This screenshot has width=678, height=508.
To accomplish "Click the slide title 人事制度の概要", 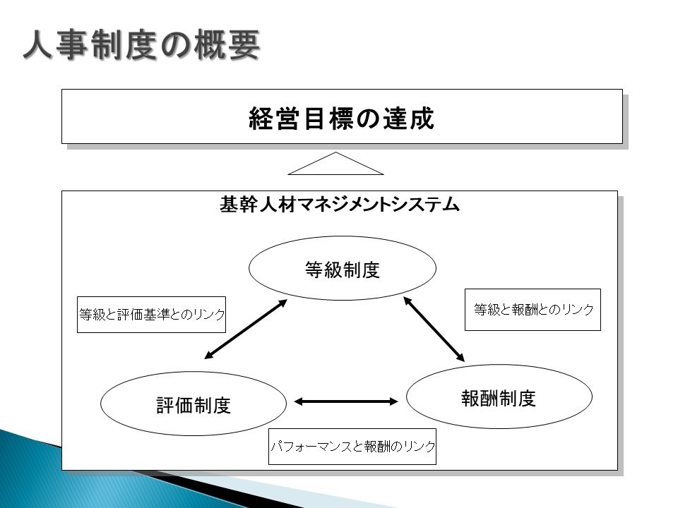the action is [x=141, y=44].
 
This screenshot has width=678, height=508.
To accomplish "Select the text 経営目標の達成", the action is [x=342, y=119].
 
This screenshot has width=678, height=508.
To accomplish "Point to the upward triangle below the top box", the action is [x=335, y=164].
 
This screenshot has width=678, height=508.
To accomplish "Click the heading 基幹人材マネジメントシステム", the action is [x=340, y=204].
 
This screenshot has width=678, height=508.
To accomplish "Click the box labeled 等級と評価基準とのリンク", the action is [x=151, y=315].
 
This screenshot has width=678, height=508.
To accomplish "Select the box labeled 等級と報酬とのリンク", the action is [x=533, y=310].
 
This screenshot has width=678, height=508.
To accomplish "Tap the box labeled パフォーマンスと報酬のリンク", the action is [x=352, y=447].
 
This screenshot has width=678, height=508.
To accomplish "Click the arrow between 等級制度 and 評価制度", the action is [x=246, y=329].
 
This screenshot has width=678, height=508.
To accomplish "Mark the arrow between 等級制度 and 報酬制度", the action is [x=434, y=329].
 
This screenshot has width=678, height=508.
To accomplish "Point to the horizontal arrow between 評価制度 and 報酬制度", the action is [x=346, y=401].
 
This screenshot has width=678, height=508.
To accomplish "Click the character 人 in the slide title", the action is [x=39, y=44].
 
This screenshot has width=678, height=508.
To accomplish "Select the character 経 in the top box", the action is [x=261, y=119].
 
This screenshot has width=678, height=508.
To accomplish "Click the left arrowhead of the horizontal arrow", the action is [x=298, y=401].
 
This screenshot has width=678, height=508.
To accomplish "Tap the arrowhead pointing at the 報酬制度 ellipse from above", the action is [x=460, y=357].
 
